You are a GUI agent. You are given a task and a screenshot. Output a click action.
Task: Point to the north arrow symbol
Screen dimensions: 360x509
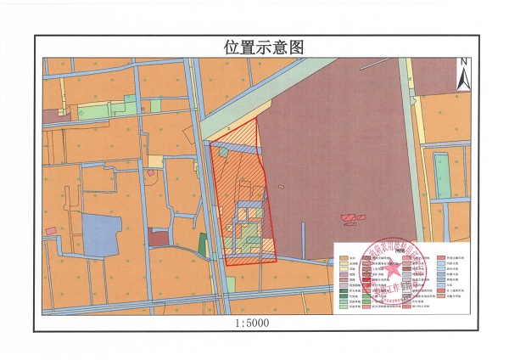coord(463,76)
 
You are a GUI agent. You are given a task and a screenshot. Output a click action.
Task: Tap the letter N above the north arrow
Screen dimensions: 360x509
coord(463,61)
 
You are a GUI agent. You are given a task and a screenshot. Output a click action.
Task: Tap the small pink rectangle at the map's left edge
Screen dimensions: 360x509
coord(52,230)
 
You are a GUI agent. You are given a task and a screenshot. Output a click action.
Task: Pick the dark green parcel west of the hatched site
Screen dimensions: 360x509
coord(203,242)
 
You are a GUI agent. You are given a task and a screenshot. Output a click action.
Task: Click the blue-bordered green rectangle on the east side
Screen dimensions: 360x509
coord(442,174)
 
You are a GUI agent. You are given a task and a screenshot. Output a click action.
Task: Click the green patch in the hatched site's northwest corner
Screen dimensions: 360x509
coord(222,151)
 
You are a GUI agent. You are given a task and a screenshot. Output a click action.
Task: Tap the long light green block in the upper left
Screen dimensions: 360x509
coord(93,109)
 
